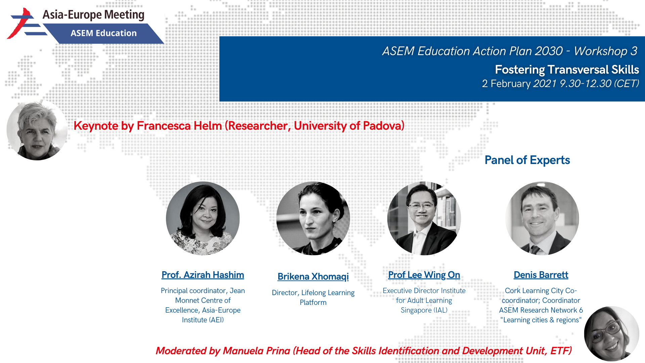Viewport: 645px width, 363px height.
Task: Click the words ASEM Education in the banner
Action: (103, 33)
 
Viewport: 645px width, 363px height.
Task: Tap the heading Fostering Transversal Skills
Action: (567, 70)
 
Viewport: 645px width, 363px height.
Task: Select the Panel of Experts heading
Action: (527, 160)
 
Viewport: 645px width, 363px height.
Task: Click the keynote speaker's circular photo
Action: (37, 130)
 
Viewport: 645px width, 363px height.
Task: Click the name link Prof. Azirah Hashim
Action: (203, 275)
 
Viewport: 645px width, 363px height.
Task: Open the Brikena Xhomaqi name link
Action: (313, 276)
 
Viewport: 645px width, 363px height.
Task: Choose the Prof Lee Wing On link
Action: (424, 275)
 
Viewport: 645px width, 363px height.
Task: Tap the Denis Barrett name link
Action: (541, 275)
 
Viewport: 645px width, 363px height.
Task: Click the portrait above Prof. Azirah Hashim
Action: (203, 218)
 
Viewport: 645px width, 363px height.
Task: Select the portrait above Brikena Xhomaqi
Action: (313, 218)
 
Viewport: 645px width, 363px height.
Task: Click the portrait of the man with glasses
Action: (424, 218)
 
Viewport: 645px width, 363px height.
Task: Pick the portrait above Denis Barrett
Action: (542, 218)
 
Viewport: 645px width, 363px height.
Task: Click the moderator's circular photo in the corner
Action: (611, 334)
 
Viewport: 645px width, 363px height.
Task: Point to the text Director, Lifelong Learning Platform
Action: (313, 297)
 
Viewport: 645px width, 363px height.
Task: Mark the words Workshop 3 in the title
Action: (605, 51)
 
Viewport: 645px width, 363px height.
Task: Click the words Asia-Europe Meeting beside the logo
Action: (93, 15)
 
